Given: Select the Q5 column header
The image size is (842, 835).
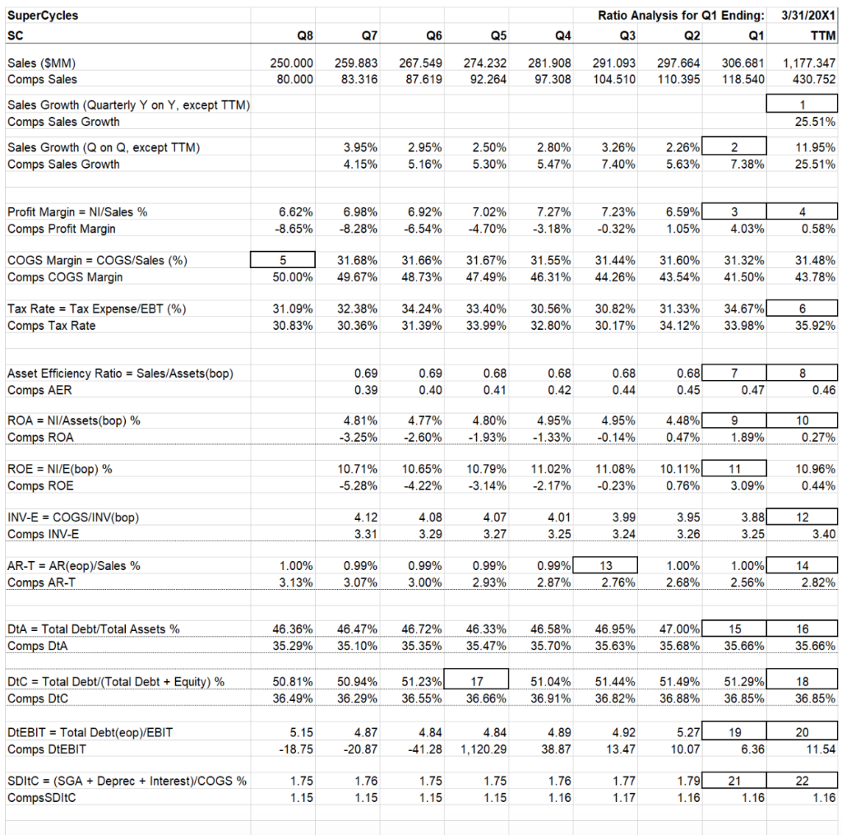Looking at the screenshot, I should coord(497,35).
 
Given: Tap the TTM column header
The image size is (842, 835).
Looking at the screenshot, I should coord(822,35).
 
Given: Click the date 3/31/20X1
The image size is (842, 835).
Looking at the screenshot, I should coord(807,15).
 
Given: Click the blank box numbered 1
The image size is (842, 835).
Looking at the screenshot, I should coord(802,104).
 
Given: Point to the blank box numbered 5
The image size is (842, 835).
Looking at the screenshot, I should coord(283,260).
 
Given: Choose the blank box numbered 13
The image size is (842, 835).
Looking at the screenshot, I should coord(606,565).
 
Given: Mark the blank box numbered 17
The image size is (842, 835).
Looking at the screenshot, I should coord(477,680).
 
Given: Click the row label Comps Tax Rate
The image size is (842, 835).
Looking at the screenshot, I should coord(51,326).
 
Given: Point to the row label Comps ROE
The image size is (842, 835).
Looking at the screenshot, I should coord(40,485).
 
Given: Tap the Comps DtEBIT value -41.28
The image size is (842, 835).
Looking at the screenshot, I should coord(425,749).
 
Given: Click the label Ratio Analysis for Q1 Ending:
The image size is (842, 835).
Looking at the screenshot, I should coord(681,15).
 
